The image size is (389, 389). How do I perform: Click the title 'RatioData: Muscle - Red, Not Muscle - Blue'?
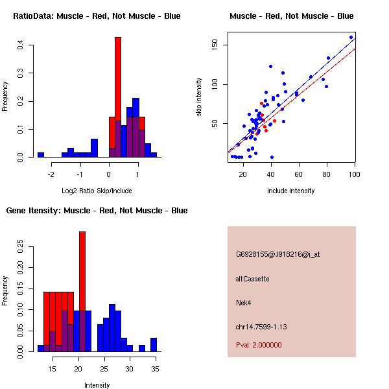point(97,16)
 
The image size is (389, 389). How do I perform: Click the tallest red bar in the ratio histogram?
point(118,97)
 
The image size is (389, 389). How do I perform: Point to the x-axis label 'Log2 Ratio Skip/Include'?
point(97,191)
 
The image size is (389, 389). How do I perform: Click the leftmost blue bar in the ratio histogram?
point(41,155)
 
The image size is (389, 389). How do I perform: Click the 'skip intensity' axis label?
point(200,99)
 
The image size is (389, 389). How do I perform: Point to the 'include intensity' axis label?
point(291,191)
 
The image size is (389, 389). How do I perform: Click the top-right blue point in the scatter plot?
point(351,37)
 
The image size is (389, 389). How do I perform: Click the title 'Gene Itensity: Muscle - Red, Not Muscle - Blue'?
point(97,211)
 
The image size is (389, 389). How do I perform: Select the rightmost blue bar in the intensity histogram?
point(154,345)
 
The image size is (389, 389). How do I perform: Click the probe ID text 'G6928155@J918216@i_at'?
point(278,254)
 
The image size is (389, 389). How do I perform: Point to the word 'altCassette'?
point(253,279)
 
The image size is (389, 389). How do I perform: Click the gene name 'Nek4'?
point(243,302)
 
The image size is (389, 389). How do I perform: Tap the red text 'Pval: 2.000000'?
point(259,345)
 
